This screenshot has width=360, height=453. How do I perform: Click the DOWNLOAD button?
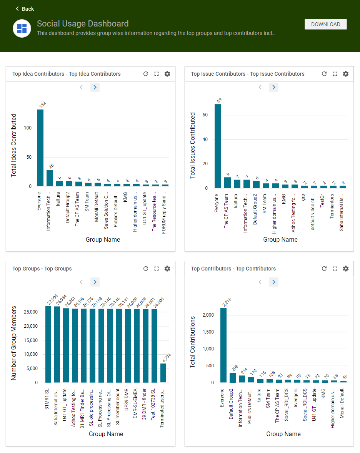pyautogui.click(x=325, y=24)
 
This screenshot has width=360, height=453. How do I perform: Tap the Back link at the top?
pyautogui.click(x=25, y=9)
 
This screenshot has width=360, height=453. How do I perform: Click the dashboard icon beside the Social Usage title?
pyautogui.click(x=22, y=28)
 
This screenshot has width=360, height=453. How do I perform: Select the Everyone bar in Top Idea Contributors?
pyautogui.click(x=40, y=148)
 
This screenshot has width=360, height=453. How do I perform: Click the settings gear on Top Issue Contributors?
pyautogui.click(x=346, y=74)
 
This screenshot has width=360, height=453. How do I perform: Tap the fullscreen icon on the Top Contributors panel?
pyautogui.click(x=335, y=269)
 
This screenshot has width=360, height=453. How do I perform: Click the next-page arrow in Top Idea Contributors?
pyautogui.click(x=95, y=87)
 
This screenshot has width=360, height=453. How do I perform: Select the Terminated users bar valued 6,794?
pyautogui.click(x=163, y=373)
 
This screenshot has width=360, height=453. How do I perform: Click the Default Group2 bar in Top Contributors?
pyautogui.click(x=232, y=377)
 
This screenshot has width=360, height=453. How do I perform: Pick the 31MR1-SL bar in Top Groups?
pyautogui.click(x=48, y=344)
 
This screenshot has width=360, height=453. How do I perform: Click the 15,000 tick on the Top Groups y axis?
pyautogui.click(x=30, y=340)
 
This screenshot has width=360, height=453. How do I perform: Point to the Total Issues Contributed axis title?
pyautogui.click(x=193, y=145)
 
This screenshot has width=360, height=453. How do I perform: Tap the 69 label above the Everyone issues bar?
pyautogui.click(x=219, y=100)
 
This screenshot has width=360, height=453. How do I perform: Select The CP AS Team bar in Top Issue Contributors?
pyautogui.click(x=227, y=183)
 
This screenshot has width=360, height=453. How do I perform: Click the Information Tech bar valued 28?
pyautogui.click(x=50, y=178)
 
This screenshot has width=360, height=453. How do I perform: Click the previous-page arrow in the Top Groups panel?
pyautogui.click(x=81, y=282)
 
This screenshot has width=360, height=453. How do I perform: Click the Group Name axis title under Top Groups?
pyautogui.click(x=106, y=434)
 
